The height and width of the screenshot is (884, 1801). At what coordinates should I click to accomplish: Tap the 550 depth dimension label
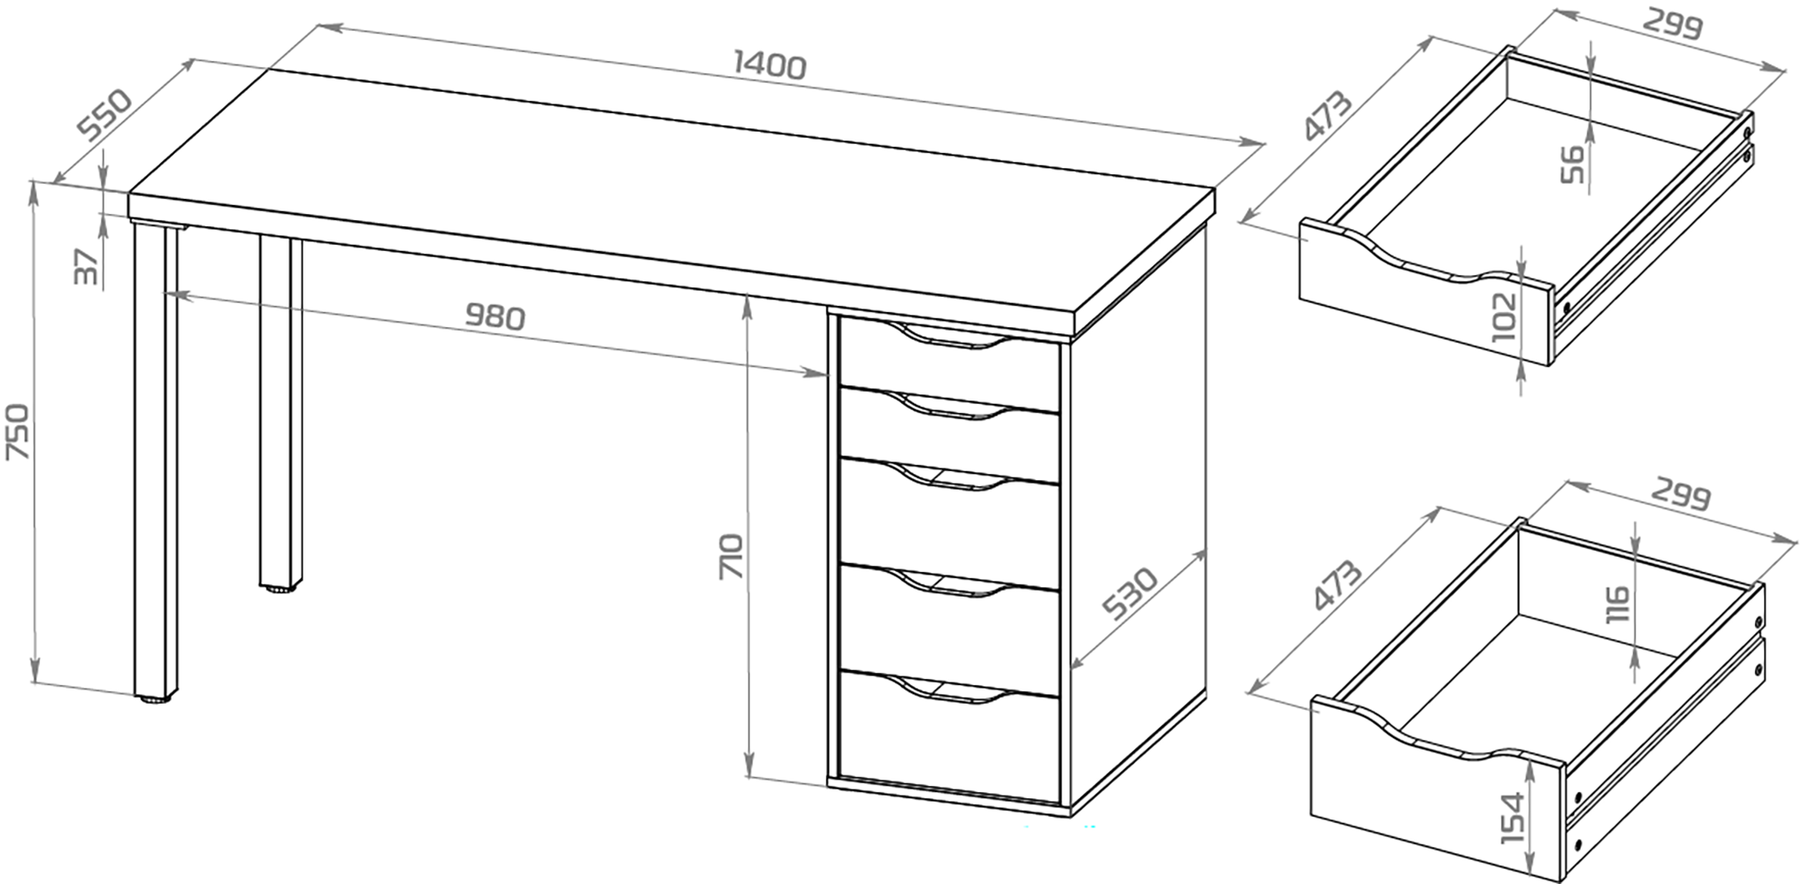pos(104,114)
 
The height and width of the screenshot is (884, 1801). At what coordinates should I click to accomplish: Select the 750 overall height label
pos(19,432)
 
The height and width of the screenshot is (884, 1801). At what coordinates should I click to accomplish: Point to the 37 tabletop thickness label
pos(85,267)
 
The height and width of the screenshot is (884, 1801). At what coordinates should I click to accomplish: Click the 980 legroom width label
pos(494,316)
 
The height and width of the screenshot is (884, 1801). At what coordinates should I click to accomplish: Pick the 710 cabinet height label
pos(733,555)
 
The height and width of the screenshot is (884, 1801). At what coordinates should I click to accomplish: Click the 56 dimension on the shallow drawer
pos(1573,164)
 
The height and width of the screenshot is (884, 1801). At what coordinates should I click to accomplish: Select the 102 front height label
pos(1504,317)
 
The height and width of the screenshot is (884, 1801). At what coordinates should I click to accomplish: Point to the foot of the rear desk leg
pos(280,586)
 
